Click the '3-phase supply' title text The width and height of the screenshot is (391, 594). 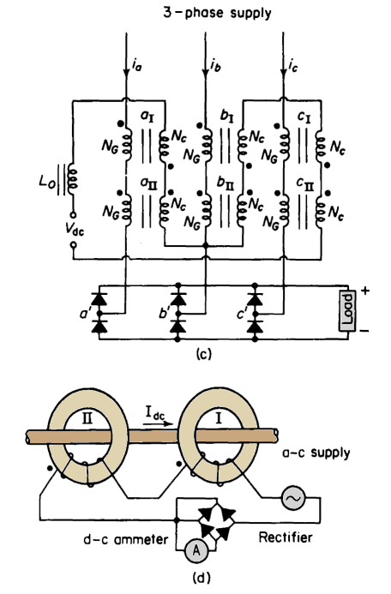(x=217, y=13)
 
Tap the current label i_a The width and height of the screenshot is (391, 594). (x=137, y=66)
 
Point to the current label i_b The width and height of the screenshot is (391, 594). (x=215, y=66)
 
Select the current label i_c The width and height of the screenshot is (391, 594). (x=292, y=66)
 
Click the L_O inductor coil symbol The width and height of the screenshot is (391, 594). (x=72, y=178)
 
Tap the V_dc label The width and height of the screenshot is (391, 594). (x=74, y=230)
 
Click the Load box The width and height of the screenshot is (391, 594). (x=347, y=311)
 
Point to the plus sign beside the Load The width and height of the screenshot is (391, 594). (x=365, y=291)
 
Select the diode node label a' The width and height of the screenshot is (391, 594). (x=85, y=314)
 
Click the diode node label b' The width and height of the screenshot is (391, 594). (x=165, y=314)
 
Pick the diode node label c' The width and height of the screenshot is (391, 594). (x=242, y=314)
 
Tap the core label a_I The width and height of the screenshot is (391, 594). (x=147, y=117)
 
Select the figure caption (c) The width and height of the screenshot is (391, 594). (x=204, y=354)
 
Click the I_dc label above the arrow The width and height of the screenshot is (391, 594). (x=155, y=412)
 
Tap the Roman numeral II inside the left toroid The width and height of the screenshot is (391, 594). (x=87, y=418)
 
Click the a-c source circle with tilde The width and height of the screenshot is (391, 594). (x=293, y=499)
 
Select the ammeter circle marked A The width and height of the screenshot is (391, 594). (x=196, y=550)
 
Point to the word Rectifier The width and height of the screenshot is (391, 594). (x=286, y=537)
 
